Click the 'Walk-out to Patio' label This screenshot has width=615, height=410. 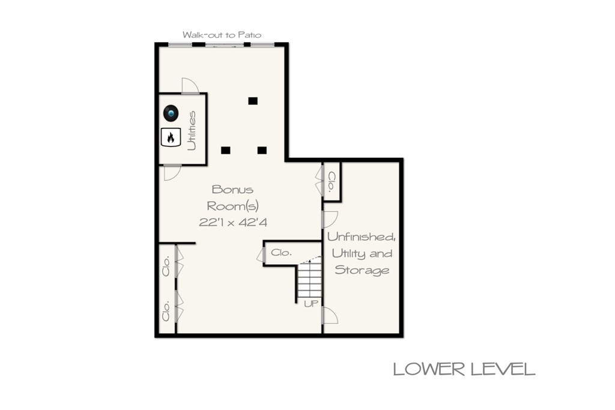(222, 35)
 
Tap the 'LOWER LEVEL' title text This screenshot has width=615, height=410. (464, 369)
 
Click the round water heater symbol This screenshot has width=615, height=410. (171, 113)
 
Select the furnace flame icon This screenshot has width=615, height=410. (171, 137)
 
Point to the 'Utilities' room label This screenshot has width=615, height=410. (192, 130)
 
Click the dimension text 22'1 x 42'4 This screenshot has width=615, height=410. (233, 223)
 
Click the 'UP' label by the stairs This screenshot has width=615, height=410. (311, 303)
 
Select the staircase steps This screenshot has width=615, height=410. (310, 280)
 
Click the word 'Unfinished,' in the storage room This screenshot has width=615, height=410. (361, 237)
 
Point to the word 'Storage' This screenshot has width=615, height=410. (362, 270)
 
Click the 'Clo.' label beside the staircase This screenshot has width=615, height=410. (281, 253)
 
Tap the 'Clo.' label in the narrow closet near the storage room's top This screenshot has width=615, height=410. (332, 182)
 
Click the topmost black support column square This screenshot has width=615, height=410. (253, 101)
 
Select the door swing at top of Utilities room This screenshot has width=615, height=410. (190, 86)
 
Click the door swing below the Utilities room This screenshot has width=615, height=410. (172, 173)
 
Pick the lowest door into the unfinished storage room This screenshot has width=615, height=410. (330, 316)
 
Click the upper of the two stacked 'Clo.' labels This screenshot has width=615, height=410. (166, 266)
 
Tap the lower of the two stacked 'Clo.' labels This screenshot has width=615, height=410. (166, 311)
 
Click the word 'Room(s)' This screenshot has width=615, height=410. (232, 206)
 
